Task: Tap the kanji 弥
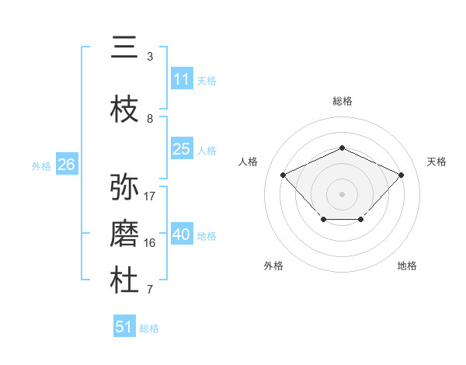[124, 187]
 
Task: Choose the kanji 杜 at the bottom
[124, 281]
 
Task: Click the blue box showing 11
[182, 79]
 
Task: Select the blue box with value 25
[182, 149]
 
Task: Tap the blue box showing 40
[182, 235]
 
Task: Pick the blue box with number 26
[66, 165]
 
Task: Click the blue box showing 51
[124, 327]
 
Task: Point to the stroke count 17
[150, 196]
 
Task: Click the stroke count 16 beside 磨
[150, 243]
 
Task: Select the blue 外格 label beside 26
[41, 165]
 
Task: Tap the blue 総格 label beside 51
[149, 328]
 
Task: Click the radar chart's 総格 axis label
[343, 101]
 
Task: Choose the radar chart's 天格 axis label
[436, 162]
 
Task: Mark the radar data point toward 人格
[283, 175]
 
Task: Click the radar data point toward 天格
[401, 175]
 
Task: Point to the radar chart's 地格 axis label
[407, 266]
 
